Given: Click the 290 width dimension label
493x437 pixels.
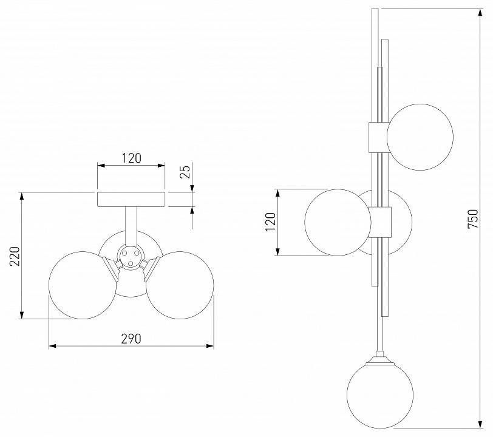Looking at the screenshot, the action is [x=131, y=339].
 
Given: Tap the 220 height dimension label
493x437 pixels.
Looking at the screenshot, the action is [x=15, y=256].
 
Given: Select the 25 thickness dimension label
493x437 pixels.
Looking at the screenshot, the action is [x=186, y=172].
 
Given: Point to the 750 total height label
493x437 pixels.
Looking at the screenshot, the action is [x=473, y=219].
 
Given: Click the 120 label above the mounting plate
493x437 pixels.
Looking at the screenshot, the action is [x=131, y=158].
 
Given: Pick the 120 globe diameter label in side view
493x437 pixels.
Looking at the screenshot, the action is [x=271, y=222].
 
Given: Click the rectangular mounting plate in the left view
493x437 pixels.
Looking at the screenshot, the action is [x=131, y=199].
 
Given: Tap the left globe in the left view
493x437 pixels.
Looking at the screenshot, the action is [x=83, y=285].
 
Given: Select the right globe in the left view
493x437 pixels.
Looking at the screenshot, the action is [x=180, y=285].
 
